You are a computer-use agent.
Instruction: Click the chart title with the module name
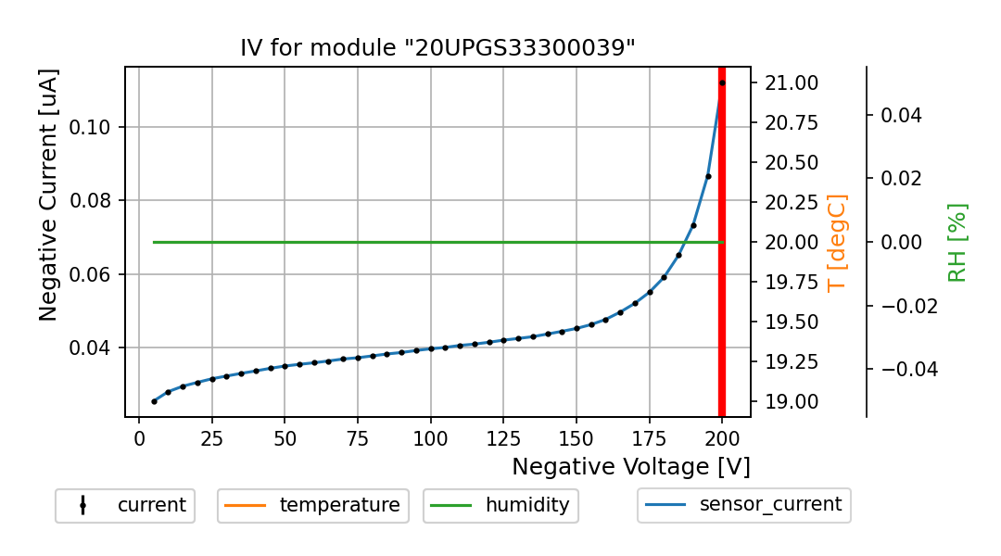tap(437, 48)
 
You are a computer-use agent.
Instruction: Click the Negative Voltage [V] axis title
tap(630, 466)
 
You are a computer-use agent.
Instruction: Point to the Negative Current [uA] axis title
tap(49, 195)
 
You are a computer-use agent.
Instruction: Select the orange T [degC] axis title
tap(837, 242)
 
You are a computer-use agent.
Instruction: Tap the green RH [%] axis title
tap(957, 242)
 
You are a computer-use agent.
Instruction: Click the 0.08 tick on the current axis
tap(96, 200)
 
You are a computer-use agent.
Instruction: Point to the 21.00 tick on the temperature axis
tap(791, 82)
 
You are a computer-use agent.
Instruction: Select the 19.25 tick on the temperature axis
tap(791, 361)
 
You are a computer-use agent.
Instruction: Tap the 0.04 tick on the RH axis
tap(901, 115)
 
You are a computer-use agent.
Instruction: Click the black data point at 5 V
tap(154, 401)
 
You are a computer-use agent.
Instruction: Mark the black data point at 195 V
tap(708, 176)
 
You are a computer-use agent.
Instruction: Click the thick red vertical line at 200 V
tap(722, 278)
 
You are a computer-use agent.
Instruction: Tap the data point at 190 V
tap(693, 225)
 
